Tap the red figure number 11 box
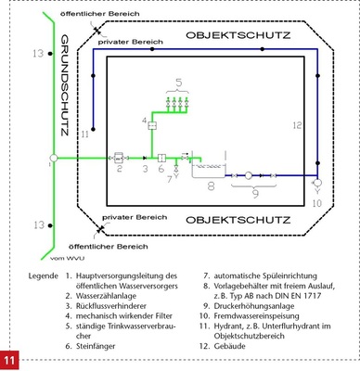click(x=10, y=358)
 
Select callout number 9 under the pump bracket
click(x=246, y=196)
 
